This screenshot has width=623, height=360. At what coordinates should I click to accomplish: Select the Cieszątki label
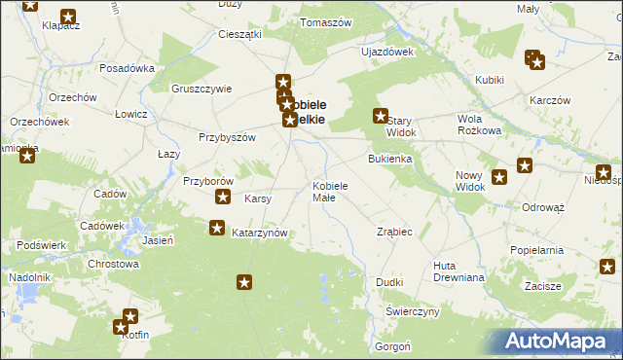(x=240, y=34)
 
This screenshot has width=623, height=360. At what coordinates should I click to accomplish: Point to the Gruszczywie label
(x=202, y=89)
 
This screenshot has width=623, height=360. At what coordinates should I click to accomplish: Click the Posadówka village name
(x=128, y=68)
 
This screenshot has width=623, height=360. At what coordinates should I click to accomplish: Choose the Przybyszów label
(x=227, y=137)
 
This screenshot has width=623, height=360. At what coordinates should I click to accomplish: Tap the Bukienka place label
(x=389, y=158)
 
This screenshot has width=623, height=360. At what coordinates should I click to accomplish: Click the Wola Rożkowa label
(x=478, y=125)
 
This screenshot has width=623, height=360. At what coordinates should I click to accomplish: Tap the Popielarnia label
(x=536, y=250)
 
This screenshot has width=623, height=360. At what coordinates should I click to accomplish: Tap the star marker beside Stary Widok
(x=381, y=116)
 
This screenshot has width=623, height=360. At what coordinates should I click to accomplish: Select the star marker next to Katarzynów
(x=216, y=228)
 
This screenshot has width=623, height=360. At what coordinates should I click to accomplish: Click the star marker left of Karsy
(x=223, y=198)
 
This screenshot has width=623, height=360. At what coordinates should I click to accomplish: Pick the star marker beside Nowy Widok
(x=499, y=177)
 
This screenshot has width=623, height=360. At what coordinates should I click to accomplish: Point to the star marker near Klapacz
(x=68, y=16)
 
